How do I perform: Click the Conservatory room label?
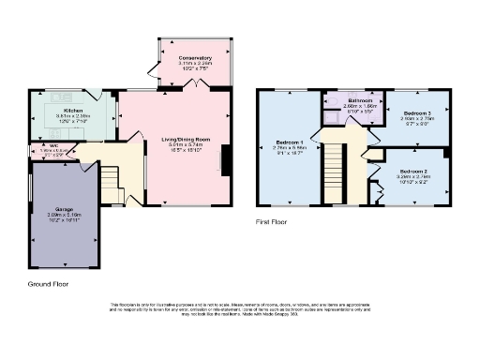196,57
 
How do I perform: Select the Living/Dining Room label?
186,140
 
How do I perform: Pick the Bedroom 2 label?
413,172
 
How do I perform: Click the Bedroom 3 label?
415,112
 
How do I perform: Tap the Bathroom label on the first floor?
360,100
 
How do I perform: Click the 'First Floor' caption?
272,222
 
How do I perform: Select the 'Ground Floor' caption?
48,282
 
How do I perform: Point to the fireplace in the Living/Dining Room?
223,159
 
